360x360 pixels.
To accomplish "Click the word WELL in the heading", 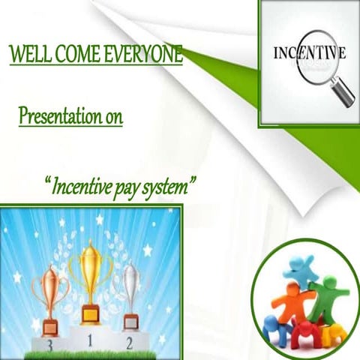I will click(27, 55).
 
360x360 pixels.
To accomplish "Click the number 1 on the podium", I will click(90, 340).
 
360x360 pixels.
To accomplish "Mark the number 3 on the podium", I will click(49, 346).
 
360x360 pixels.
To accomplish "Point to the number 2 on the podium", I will click(130, 343).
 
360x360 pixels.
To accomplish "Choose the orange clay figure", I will click(289, 304).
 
